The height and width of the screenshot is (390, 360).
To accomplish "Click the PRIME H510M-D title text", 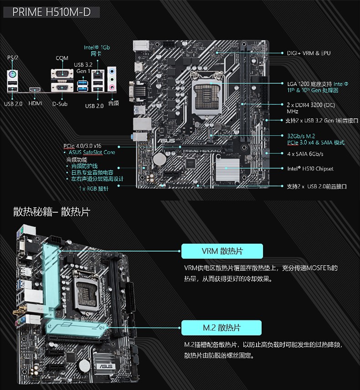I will coord(51,12).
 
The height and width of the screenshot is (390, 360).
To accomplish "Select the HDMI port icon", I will coord(34,89).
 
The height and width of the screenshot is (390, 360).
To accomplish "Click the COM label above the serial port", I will coord(62,58).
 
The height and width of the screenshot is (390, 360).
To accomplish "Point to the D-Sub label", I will coord(60,103).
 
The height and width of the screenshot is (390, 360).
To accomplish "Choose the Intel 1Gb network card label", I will coord(97,50).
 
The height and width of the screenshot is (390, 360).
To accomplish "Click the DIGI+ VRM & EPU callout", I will coord(309,53).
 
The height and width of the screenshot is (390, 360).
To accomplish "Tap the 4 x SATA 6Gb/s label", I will coord(306,154).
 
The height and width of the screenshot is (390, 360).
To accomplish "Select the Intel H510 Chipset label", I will coord(310,169).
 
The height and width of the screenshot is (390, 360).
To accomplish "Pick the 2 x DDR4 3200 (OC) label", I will coord(311,104).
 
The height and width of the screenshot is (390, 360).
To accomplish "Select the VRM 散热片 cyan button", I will coord(222,251).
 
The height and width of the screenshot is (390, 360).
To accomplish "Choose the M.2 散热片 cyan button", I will coord(222,328).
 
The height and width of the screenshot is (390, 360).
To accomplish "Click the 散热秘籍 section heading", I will coord(51,212).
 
